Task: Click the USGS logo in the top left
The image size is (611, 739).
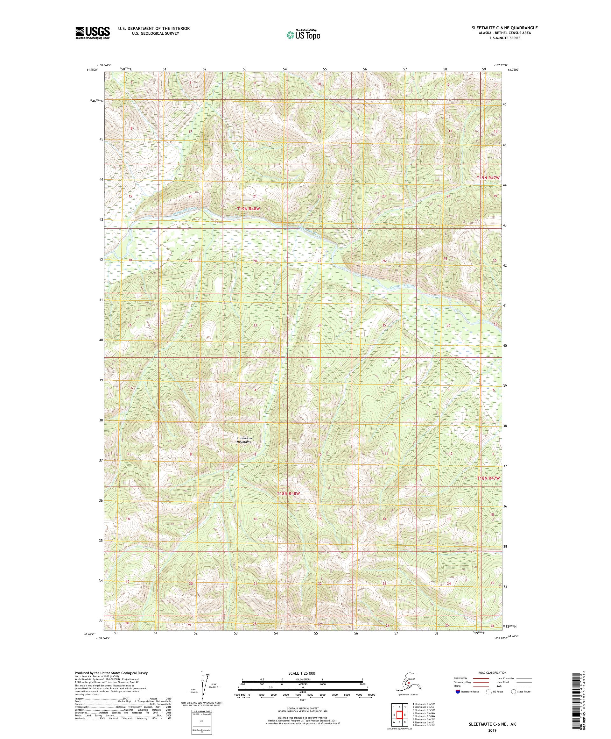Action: tap(92, 33)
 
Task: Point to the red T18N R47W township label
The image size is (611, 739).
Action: tap(488, 478)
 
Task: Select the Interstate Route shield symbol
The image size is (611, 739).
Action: tap(457, 692)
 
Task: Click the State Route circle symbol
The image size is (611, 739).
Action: tap(513, 692)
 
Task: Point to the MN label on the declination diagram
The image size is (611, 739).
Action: tap(208, 675)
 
